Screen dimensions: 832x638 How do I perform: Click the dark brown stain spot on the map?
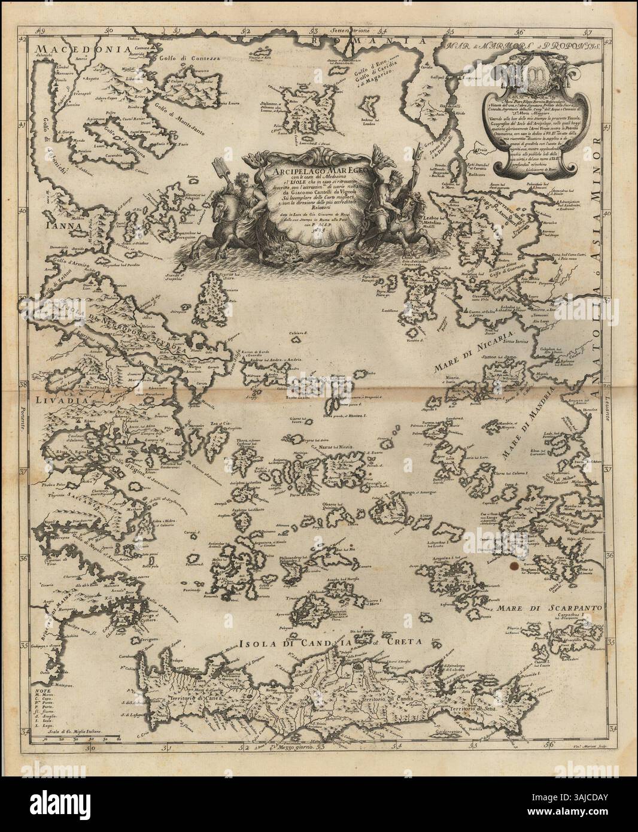point(513,564)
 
